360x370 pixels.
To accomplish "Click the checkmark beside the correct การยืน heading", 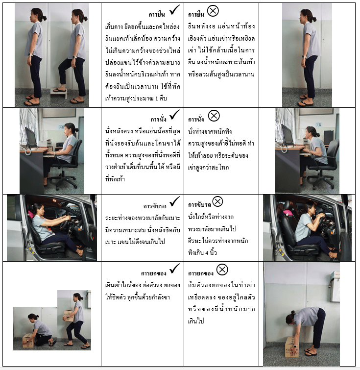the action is (175, 10).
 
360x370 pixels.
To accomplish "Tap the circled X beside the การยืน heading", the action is (213, 11).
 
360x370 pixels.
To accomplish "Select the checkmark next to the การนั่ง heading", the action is (175, 115).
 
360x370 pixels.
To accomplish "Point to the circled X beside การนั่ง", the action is (214, 116).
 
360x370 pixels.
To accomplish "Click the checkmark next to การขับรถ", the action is (175, 201).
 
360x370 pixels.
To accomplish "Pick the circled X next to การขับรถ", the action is (217, 201).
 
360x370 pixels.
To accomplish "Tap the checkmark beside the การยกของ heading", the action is (175, 269).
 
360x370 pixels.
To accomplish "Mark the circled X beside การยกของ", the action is (222, 270).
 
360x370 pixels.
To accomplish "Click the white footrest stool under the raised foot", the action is (59, 93).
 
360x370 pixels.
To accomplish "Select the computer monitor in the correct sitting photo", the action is (31, 138).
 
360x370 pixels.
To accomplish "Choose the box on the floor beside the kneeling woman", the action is (28, 340).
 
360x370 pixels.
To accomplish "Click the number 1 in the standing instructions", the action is (156, 99).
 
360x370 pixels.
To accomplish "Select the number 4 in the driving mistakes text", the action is (207, 253).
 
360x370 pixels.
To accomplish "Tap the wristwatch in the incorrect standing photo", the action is (304, 57).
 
